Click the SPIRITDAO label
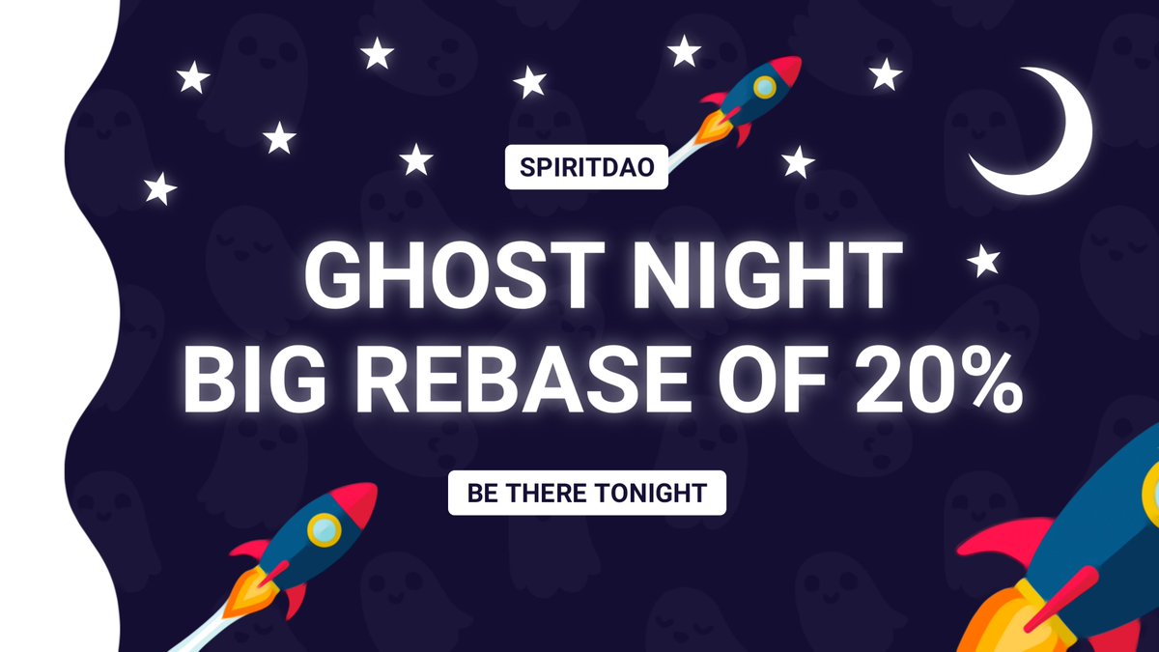pyautogui.click(x=586, y=167)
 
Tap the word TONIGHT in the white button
pyautogui.click(x=652, y=493)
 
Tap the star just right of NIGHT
pyautogui.click(x=984, y=261)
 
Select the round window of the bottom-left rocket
pyautogui.click(x=323, y=527)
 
